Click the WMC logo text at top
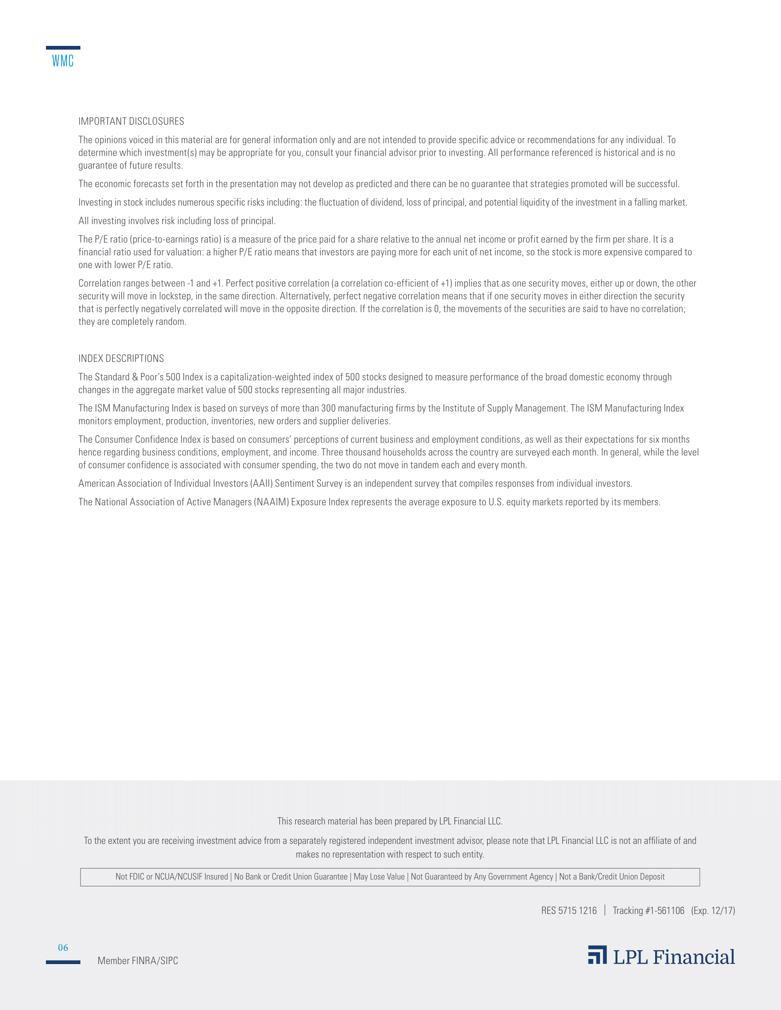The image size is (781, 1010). tap(62, 61)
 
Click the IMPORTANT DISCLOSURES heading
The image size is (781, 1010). tap(131, 121)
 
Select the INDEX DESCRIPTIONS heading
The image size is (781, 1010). tap(121, 359)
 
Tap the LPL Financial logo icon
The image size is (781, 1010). tap(597, 954)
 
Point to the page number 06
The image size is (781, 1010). tap(63, 948)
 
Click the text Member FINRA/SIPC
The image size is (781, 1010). tap(137, 960)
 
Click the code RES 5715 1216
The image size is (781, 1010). tap(569, 910)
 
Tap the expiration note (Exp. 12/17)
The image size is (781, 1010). tap(713, 910)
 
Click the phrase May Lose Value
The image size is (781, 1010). tap(379, 877)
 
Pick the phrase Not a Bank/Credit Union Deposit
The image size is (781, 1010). tap(611, 877)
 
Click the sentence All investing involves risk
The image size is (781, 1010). tap(177, 220)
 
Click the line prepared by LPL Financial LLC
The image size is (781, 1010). tap(390, 821)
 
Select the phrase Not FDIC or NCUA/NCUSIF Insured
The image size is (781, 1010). tap(172, 877)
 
